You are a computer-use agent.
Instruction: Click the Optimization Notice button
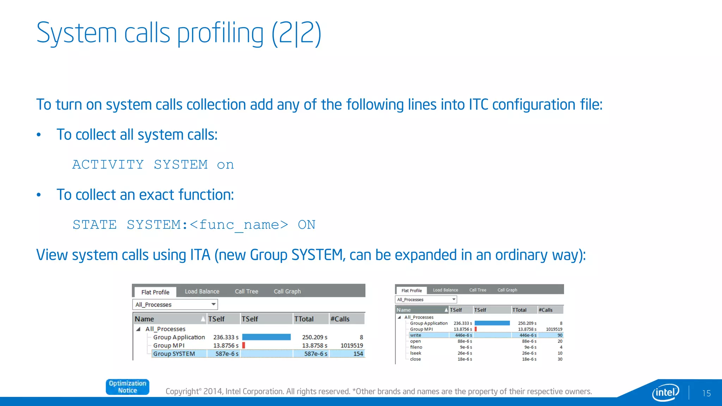point(127,387)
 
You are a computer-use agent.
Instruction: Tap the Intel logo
point(666,392)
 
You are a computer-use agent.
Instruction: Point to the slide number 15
point(706,393)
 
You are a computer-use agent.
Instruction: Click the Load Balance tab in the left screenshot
point(202,291)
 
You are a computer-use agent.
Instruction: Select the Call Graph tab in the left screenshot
point(287,291)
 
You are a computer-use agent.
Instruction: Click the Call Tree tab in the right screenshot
point(477,290)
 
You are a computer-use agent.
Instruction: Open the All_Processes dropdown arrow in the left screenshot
point(213,304)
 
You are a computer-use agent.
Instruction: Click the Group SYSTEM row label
point(174,354)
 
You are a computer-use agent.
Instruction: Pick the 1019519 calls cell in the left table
point(351,345)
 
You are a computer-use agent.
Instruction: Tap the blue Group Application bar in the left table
point(266,337)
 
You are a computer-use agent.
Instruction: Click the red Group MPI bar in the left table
point(244,345)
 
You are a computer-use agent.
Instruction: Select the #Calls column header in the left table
point(340,319)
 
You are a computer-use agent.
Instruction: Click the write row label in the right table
point(415,335)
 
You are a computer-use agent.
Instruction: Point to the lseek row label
point(416,353)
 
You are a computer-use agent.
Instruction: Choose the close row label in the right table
point(415,359)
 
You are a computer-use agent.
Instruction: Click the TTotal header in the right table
point(519,310)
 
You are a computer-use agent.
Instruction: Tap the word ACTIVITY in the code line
point(108,165)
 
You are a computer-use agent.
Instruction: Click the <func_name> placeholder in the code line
point(239,225)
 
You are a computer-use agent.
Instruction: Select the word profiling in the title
point(220,33)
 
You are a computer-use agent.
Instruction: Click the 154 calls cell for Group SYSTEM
point(358,354)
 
